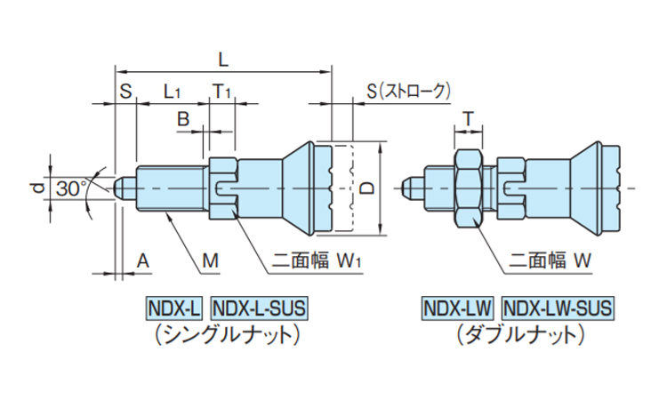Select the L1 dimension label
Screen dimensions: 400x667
pyautogui.click(x=172, y=91)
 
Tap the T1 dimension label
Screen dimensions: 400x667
pyautogui.click(x=221, y=91)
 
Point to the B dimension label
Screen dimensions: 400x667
pyautogui.click(x=182, y=118)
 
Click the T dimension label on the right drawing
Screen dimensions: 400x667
pyautogui.click(x=467, y=118)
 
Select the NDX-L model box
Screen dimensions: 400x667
pyautogui.click(x=174, y=308)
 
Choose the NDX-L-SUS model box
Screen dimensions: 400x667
pyautogui.click(x=259, y=308)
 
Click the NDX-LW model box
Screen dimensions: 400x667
pyautogui.click(x=457, y=308)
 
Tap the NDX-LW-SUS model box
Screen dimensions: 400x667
pyautogui.click(x=557, y=308)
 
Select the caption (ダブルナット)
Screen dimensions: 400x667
pyautogui.click(x=518, y=334)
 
